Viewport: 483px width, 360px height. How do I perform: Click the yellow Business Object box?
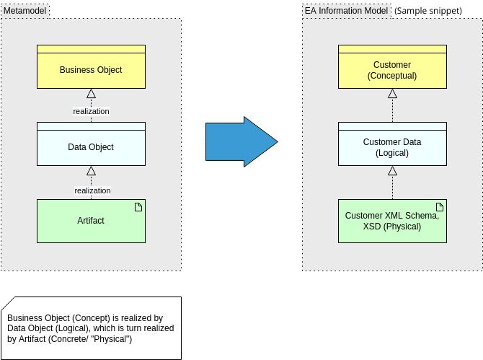[x=91, y=70]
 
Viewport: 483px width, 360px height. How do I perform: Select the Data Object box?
[x=91, y=147]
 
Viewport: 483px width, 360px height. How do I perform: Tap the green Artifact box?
[x=91, y=221]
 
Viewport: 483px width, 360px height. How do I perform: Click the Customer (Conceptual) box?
[x=392, y=70]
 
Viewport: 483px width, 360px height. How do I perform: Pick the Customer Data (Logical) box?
[x=392, y=147]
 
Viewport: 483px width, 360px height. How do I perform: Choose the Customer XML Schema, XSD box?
[x=392, y=221]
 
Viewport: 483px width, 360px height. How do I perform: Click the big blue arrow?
[x=241, y=141]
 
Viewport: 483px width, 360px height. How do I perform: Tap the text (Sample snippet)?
[x=428, y=11]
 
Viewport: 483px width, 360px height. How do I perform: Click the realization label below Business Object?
[x=91, y=111]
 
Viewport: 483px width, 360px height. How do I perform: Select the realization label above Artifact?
[x=92, y=190]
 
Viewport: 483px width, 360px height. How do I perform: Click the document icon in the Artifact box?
[x=138, y=208]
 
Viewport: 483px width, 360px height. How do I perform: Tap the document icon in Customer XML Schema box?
[x=440, y=208]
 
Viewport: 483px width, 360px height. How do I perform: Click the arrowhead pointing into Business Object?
[x=91, y=93]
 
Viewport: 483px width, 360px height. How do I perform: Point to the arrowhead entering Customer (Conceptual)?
[x=392, y=93]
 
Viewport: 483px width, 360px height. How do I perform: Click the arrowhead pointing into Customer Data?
[x=392, y=171]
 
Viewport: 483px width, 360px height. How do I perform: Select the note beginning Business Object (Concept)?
[x=91, y=328]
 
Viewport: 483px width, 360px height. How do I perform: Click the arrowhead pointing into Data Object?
[x=91, y=171]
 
